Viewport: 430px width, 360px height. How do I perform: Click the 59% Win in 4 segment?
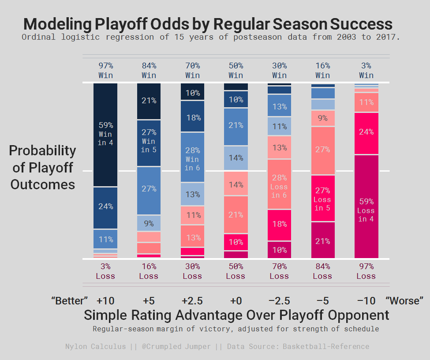pos(105,134)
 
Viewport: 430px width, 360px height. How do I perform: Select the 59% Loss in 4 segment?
pos(366,206)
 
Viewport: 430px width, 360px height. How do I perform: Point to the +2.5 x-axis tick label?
pos(192,301)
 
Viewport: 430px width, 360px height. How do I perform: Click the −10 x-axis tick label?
pos(366,301)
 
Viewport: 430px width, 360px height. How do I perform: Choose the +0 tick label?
pos(236,301)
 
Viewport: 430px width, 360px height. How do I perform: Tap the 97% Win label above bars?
pos(105,71)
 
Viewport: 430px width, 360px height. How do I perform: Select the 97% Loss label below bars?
pos(366,271)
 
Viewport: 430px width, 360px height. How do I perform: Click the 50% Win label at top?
pos(236,71)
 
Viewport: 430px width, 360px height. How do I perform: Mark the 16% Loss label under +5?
pos(149,271)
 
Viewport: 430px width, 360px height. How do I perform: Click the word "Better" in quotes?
pos(70,301)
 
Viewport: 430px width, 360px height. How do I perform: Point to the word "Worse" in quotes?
pos(404,301)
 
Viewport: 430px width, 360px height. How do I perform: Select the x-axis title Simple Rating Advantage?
pos(236,315)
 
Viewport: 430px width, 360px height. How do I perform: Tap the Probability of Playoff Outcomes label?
pos(43,167)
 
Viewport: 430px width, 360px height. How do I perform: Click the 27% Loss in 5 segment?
pos(323,198)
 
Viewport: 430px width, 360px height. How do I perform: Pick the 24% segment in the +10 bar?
pos(105,206)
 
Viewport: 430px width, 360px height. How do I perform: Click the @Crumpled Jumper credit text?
pos(176,346)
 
